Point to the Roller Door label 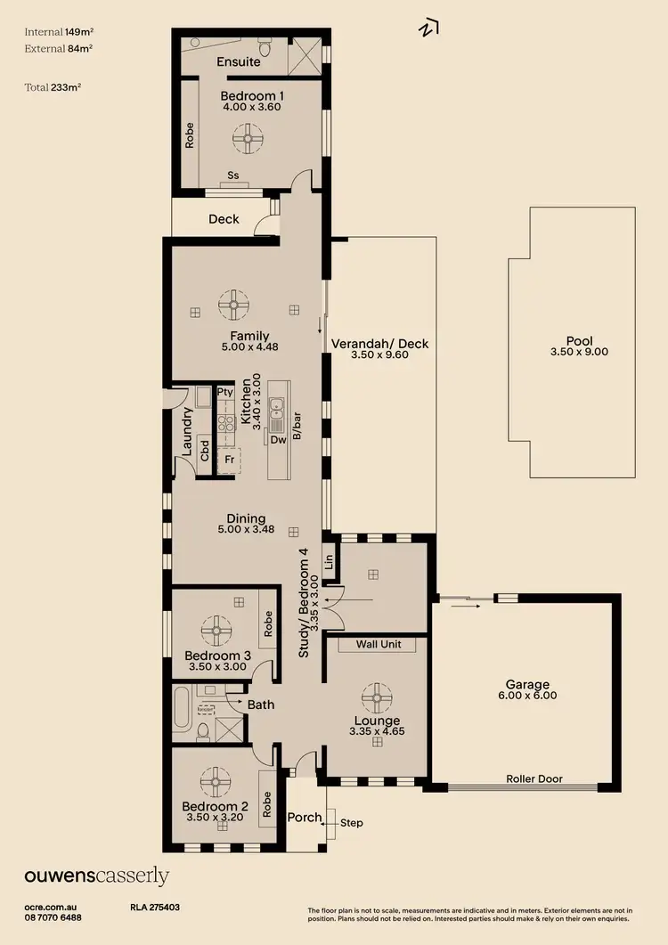click(x=534, y=778)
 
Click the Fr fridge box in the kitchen click(x=229, y=459)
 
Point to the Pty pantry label click(x=224, y=392)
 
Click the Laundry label click(x=187, y=432)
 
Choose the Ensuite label click(x=238, y=62)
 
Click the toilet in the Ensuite click(x=265, y=44)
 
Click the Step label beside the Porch click(x=352, y=823)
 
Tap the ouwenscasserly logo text click(x=96, y=876)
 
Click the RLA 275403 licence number click(x=155, y=907)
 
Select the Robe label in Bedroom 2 click(x=266, y=806)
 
